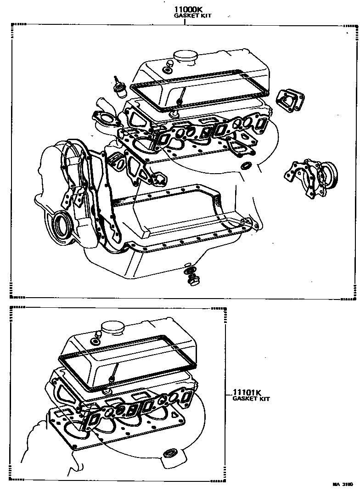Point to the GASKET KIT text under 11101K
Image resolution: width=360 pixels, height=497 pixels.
251,399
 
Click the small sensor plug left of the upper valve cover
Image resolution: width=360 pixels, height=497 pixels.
119,88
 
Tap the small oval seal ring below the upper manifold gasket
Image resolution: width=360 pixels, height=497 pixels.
247,165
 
